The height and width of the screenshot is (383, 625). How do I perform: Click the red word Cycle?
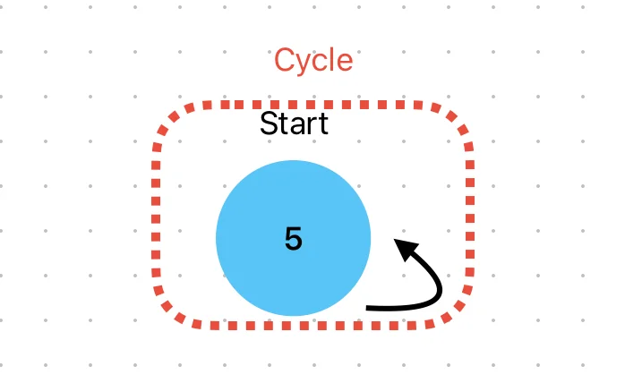(x=313, y=61)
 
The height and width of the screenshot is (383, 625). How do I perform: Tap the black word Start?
(x=295, y=123)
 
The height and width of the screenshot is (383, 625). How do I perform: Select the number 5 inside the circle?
(x=294, y=238)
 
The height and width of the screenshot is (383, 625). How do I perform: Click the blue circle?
(x=294, y=238)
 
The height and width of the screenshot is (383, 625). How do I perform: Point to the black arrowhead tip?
(x=394, y=239)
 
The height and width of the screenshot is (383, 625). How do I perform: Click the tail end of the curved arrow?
(x=366, y=308)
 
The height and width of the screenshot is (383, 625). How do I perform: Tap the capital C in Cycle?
(x=284, y=60)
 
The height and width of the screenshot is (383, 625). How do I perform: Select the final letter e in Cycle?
(x=346, y=63)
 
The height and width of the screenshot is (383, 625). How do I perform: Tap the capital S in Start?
(x=269, y=123)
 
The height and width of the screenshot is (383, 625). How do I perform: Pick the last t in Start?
(x=322, y=124)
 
